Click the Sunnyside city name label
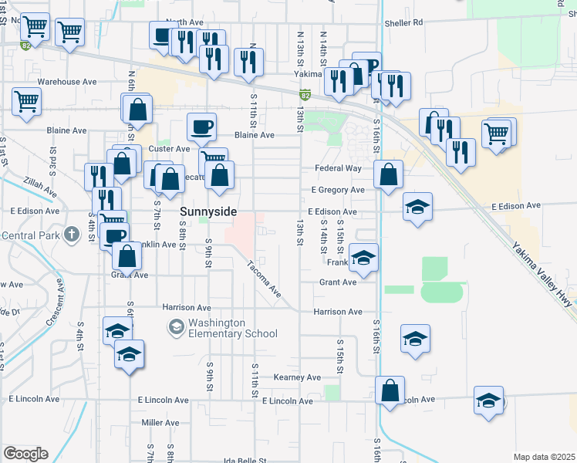[208, 211]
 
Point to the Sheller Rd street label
[407, 22]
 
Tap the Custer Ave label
[168, 148]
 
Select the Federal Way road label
[338, 168]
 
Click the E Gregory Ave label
[337, 190]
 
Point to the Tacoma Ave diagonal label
[264, 279]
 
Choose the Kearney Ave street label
[297, 377]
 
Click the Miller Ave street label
[160, 423]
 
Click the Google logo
[25, 454]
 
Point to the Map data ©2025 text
[543, 457]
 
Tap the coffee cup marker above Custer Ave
[201, 126]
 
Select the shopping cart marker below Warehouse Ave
[26, 101]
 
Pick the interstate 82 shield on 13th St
[305, 94]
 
